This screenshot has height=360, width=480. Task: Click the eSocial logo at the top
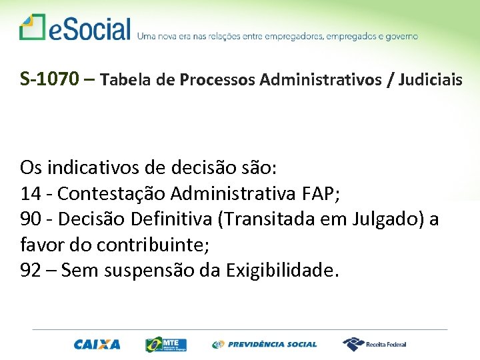point(75,29)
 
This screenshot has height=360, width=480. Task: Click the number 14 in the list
point(30,193)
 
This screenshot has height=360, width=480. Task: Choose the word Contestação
point(111,193)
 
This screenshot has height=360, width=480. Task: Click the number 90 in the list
point(31,219)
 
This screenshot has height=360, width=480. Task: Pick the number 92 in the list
point(31,270)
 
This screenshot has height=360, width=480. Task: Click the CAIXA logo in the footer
point(97,345)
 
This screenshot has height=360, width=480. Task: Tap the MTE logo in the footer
point(166,345)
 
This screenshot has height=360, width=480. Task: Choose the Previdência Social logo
point(265,345)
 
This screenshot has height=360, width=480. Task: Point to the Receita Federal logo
point(375,345)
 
